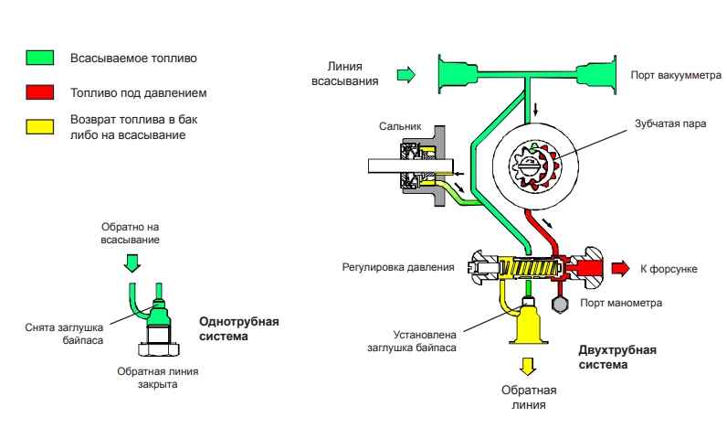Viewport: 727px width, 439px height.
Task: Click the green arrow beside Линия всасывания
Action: coord(405,72)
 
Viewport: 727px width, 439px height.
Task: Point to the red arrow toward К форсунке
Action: coord(621,267)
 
